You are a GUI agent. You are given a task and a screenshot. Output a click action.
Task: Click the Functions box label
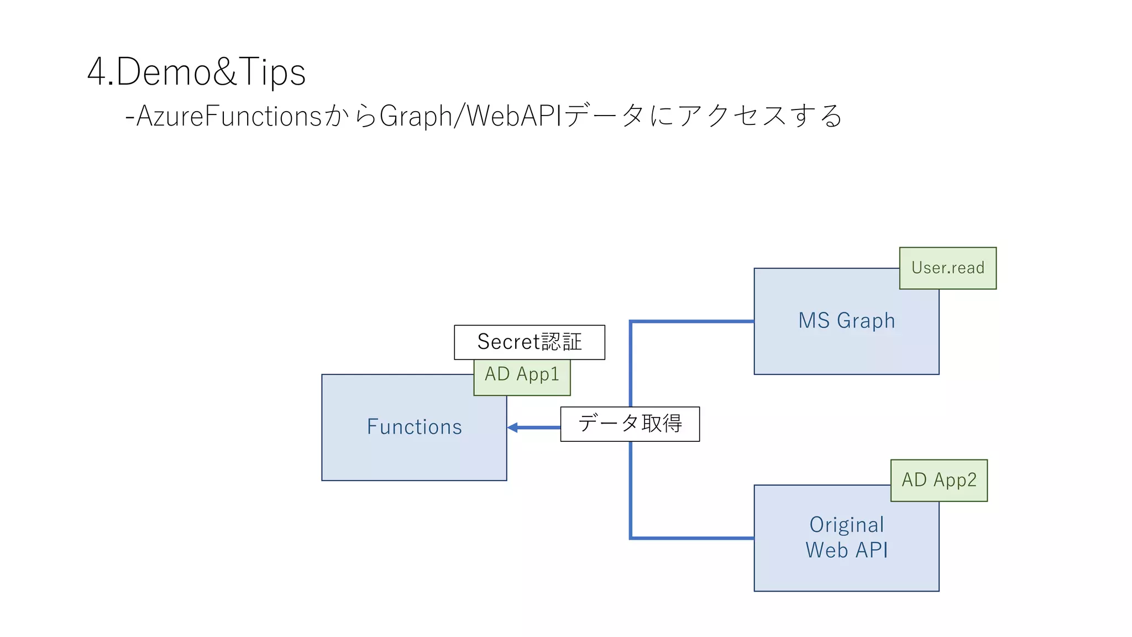click(x=414, y=427)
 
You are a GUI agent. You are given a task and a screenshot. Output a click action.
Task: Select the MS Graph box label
click(x=846, y=321)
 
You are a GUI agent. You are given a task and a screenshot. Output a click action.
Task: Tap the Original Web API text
click(x=846, y=537)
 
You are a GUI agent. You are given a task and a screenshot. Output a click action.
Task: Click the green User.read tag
click(x=947, y=268)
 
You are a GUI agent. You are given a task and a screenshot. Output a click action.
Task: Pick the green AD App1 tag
click(x=522, y=374)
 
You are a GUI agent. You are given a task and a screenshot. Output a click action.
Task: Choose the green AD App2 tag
click(x=939, y=480)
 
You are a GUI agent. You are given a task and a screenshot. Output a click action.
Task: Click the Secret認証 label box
click(x=529, y=342)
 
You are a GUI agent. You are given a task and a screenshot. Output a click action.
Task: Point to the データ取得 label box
click(x=630, y=424)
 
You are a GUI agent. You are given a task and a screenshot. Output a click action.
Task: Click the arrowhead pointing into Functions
click(x=512, y=427)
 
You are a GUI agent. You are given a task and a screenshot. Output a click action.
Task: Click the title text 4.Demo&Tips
click(x=196, y=72)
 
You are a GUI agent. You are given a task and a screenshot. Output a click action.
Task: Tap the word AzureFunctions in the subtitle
click(x=229, y=116)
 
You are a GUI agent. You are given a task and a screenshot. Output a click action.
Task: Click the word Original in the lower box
click(x=846, y=525)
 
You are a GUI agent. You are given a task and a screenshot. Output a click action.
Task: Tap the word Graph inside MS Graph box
click(x=866, y=321)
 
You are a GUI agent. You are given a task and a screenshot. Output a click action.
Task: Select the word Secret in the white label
click(x=508, y=342)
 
